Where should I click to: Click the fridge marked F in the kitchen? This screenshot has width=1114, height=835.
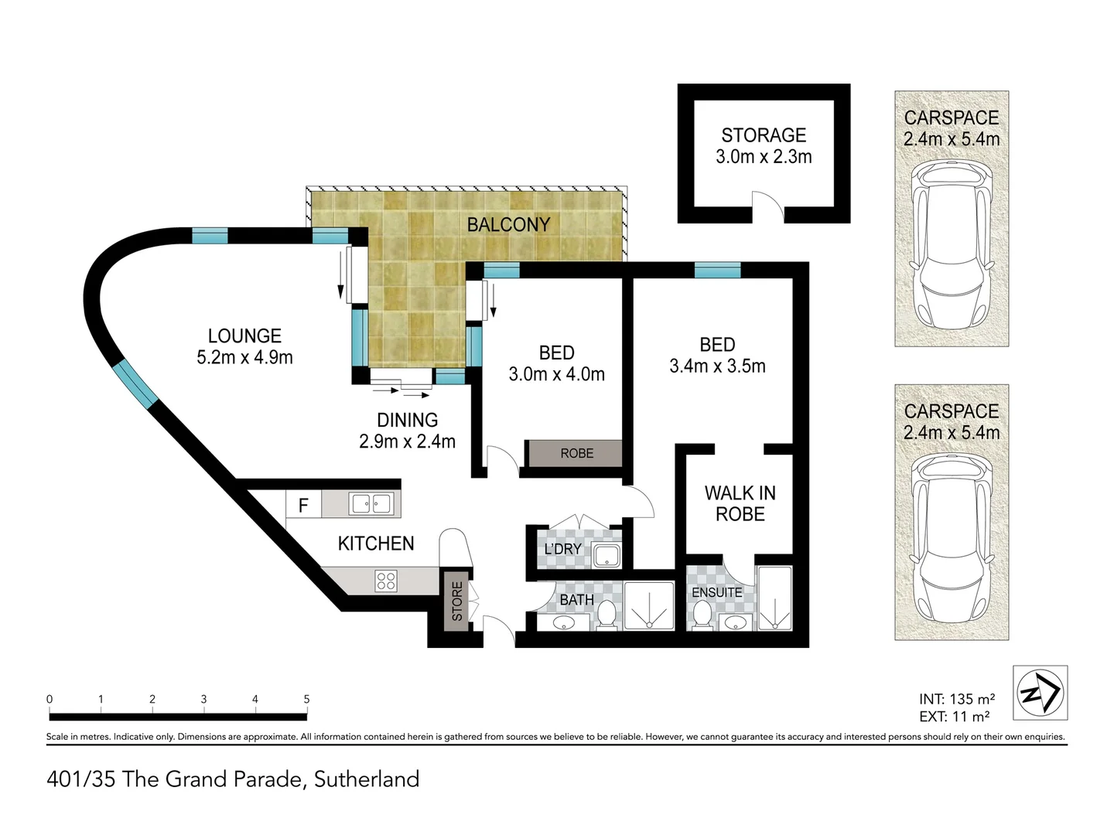pyautogui.click(x=303, y=504)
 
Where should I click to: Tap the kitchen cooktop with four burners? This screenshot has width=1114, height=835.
pyautogui.click(x=386, y=581)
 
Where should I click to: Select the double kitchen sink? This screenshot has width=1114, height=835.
pyautogui.click(x=371, y=504)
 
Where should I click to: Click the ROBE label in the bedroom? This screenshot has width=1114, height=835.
pyautogui.click(x=576, y=453)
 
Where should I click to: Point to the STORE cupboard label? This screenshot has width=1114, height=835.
pyautogui.click(x=456, y=602)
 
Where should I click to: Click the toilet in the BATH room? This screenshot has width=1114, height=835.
pyautogui.click(x=606, y=615)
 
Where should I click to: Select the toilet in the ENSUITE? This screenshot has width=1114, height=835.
pyautogui.click(x=702, y=615)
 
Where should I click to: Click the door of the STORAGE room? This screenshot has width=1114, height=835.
pyautogui.click(x=767, y=206)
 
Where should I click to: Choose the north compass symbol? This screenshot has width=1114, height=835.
pyautogui.click(x=1040, y=693)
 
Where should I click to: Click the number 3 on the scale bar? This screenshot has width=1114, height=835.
pyautogui.click(x=203, y=699)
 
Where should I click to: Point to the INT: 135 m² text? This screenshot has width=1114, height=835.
pyautogui.click(x=957, y=699)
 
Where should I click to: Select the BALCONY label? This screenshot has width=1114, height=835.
pyautogui.click(x=508, y=224)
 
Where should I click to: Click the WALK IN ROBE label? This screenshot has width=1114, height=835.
pyautogui.click(x=740, y=503)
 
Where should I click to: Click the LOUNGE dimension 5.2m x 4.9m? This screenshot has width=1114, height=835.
pyautogui.click(x=244, y=357)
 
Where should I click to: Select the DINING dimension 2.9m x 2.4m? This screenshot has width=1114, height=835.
pyautogui.click(x=407, y=441)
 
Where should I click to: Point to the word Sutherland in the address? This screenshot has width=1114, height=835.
pyautogui.click(x=367, y=779)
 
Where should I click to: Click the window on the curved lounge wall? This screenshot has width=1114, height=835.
pyautogui.click(x=135, y=383)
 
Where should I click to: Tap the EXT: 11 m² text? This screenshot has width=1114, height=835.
pyautogui.click(x=954, y=717)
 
